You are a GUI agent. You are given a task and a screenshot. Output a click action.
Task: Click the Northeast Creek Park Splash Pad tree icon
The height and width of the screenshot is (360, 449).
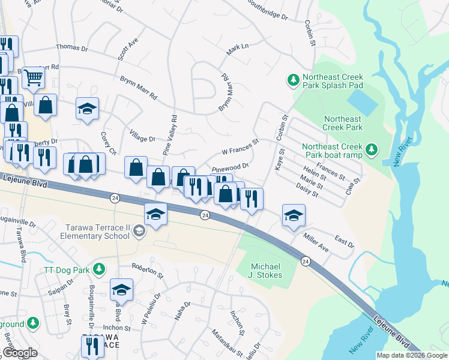click(x=293, y=80)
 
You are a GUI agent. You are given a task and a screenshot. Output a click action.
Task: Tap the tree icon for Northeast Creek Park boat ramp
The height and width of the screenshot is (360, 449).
click(x=372, y=148)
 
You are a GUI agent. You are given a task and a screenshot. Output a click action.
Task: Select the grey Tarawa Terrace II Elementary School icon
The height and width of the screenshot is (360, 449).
click(x=139, y=231)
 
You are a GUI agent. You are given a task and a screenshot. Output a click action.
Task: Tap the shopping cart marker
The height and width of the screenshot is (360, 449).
click(x=33, y=77)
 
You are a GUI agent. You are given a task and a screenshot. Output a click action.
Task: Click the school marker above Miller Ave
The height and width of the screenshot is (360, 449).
click(x=293, y=216)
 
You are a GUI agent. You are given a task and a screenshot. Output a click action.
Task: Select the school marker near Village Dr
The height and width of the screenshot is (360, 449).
click(x=87, y=109)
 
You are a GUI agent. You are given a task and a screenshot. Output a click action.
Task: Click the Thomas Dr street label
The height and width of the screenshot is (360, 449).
click(x=71, y=47)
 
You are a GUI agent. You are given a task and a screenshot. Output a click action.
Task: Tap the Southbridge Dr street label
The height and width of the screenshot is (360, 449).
click(x=268, y=10)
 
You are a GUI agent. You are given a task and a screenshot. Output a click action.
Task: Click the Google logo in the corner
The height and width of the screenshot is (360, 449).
click(x=20, y=353)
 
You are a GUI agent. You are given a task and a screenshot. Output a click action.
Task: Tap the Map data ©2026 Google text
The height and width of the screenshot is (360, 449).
click(x=412, y=355)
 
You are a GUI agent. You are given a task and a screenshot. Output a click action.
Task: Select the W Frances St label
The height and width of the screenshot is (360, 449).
click(x=240, y=146)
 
